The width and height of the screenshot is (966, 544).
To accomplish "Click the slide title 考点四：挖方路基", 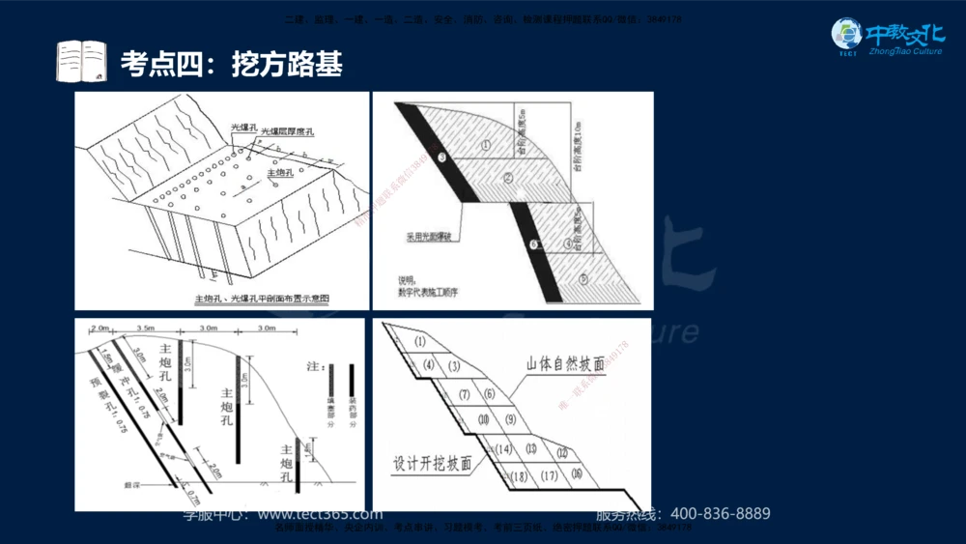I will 231,65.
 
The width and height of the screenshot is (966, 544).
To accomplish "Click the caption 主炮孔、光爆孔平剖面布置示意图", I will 262,300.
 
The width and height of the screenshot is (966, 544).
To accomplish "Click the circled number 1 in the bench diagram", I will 487,146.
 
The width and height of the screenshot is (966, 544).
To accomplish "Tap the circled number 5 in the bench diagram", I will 582,278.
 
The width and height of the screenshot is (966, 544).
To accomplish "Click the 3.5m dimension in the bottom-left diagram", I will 147,329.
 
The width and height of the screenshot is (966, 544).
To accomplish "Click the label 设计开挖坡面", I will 433,463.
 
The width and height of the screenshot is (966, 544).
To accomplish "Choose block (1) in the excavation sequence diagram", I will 419,341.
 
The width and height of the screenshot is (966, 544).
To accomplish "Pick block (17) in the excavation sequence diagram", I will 549,475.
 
